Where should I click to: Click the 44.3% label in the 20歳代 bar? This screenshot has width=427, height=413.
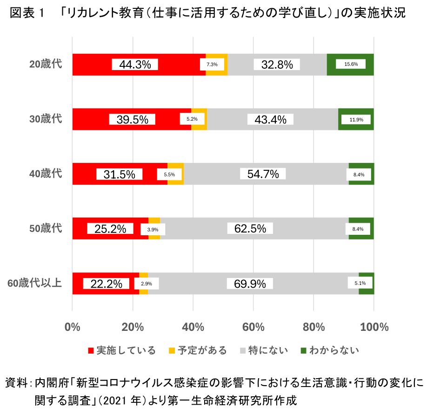pos(135,65)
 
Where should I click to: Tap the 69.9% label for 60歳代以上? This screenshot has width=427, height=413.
pos(250,284)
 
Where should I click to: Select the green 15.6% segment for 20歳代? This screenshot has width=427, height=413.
pos(351,65)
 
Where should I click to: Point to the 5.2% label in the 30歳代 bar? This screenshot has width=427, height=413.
pos(192,119)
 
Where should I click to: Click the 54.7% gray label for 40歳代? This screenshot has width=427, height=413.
pos(263,174)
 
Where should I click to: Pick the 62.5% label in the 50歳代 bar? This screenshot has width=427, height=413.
pos(250,229)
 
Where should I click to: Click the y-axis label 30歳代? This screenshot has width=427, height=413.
pos(46,119)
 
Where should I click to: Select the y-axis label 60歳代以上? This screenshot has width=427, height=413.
pos(34,283)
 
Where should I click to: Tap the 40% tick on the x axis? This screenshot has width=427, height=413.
pos(193,327)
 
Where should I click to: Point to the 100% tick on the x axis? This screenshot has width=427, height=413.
pos(374,327)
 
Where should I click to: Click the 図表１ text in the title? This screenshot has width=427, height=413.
pos(27,13)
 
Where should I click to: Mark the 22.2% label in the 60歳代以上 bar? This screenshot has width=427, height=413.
pos(106,284)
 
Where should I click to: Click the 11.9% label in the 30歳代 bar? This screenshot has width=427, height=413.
pos(356,119)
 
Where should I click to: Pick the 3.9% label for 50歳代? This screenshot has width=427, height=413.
pos(153,229)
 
